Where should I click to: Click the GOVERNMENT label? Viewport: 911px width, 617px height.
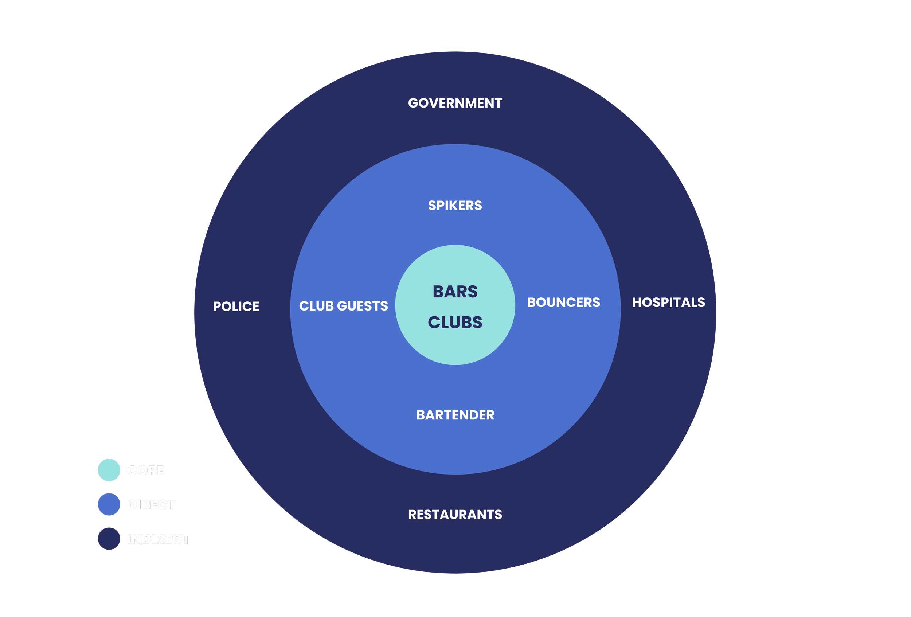click(455, 103)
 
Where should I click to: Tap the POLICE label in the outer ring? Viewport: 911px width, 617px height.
click(236, 306)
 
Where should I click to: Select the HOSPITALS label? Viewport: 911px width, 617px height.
click(668, 302)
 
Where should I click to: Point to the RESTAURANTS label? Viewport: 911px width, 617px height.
click(455, 514)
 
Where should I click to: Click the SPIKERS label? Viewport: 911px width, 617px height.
click(455, 206)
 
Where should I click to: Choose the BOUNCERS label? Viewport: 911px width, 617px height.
click(563, 302)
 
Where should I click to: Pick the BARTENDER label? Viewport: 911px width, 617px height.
click(455, 415)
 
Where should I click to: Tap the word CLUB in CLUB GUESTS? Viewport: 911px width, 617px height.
click(316, 306)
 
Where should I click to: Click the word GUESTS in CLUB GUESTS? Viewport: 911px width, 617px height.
click(362, 306)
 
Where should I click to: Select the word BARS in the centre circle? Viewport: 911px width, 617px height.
click(455, 292)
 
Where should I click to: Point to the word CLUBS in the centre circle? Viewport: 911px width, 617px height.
click(455, 322)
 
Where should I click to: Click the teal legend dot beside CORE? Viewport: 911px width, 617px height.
click(109, 470)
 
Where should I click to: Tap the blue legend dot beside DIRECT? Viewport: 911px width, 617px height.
click(109, 504)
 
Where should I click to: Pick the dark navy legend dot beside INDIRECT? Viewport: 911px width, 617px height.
click(109, 539)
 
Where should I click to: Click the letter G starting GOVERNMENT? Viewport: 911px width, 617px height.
click(413, 103)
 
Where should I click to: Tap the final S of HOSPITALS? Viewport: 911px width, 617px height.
click(701, 302)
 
